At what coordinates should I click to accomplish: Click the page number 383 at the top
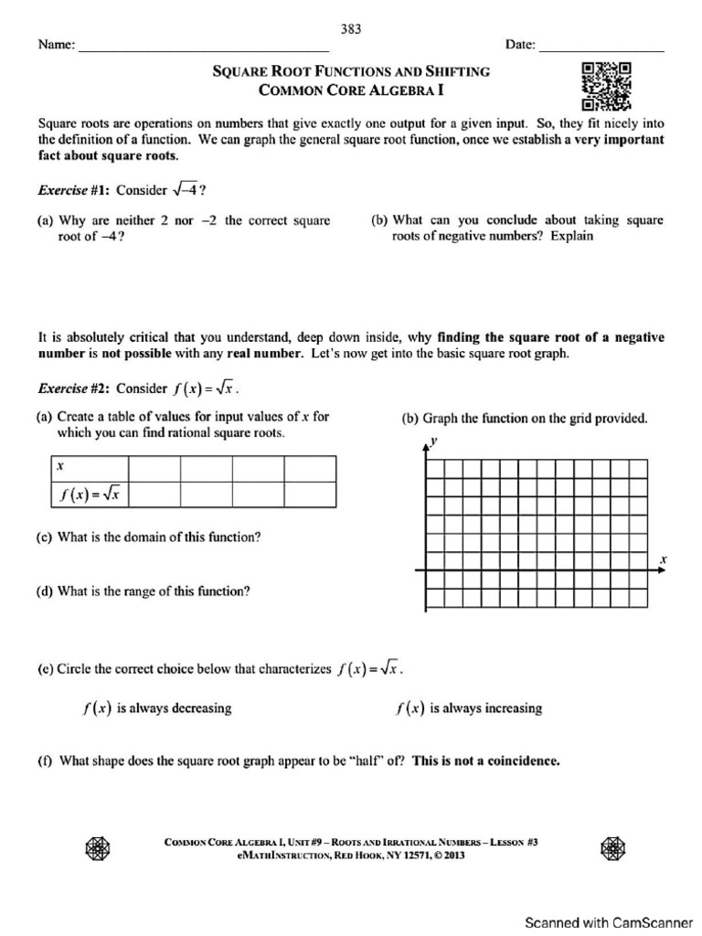click(x=351, y=28)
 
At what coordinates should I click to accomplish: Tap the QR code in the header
click(x=605, y=84)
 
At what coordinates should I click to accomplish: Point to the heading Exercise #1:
click(x=73, y=190)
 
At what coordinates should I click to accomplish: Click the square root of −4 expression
click(x=184, y=190)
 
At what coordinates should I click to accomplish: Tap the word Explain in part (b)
click(x=572, y=236)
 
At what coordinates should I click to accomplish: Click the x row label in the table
click(x=59, y=466)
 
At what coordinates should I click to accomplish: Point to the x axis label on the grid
click(x=663, y=558)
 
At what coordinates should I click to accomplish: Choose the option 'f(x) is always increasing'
click(x=468, y=708)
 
